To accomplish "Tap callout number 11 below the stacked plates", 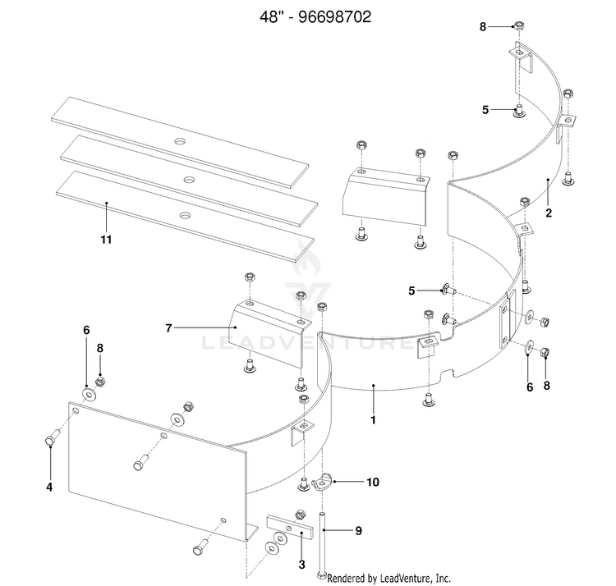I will coord(106,240).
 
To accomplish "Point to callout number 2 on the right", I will coord(549,213).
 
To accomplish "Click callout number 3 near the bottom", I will coord(301,565).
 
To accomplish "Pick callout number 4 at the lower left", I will coord(48,487).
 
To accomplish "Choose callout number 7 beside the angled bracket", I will coord(168,327).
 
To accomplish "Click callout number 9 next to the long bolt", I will coord(358,531).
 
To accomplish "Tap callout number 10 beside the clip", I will coord(372,482).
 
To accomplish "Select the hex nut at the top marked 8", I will coord(519,26).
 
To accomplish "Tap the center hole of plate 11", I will coord(185,213).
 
